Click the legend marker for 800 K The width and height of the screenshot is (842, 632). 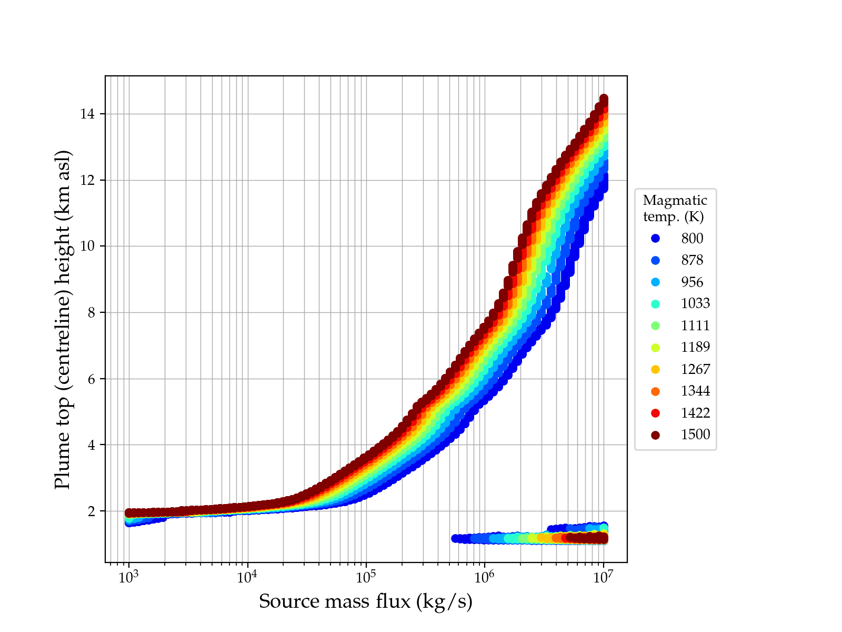point(655,239)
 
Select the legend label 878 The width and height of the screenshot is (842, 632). point(692,260)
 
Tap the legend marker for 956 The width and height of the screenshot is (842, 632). point(655,282)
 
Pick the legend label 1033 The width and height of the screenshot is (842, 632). point(695,304)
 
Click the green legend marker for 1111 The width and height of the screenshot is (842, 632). point(655,325)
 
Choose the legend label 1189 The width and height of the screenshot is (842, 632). point(695,348)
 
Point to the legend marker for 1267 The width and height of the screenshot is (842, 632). point(655,370)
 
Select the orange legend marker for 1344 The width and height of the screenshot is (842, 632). point(655,391)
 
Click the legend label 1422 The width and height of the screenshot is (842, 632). point(695,413)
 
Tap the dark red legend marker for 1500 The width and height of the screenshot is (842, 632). point(655,435)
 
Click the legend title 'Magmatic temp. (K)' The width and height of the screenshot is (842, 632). point(675,209)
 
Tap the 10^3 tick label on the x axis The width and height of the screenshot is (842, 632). point(128,577)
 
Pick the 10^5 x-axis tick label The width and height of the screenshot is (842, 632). point(366,577)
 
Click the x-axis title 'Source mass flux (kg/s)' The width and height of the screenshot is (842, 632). point(366,601)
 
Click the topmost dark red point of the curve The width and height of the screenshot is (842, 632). point(604,99)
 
